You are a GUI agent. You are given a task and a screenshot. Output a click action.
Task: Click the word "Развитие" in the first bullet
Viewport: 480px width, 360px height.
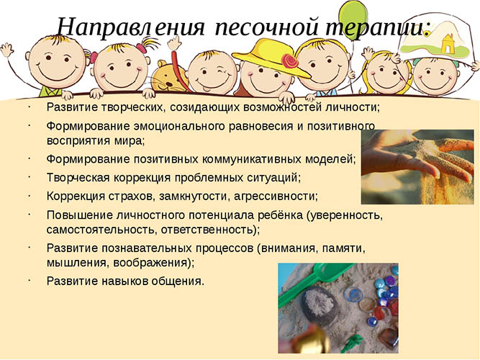pos(69,107)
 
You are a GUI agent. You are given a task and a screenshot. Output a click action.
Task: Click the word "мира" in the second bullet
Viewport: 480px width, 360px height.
pos(131,141)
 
